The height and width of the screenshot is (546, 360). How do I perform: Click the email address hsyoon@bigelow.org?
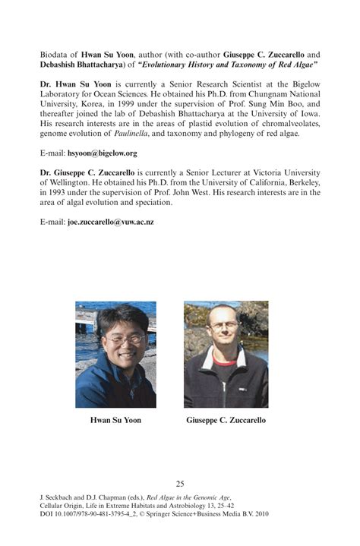tap(102, 153)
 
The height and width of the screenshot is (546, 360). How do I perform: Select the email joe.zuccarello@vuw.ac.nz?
tap(111, 222)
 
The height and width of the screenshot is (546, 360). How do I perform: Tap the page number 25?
tap(180, 483)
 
